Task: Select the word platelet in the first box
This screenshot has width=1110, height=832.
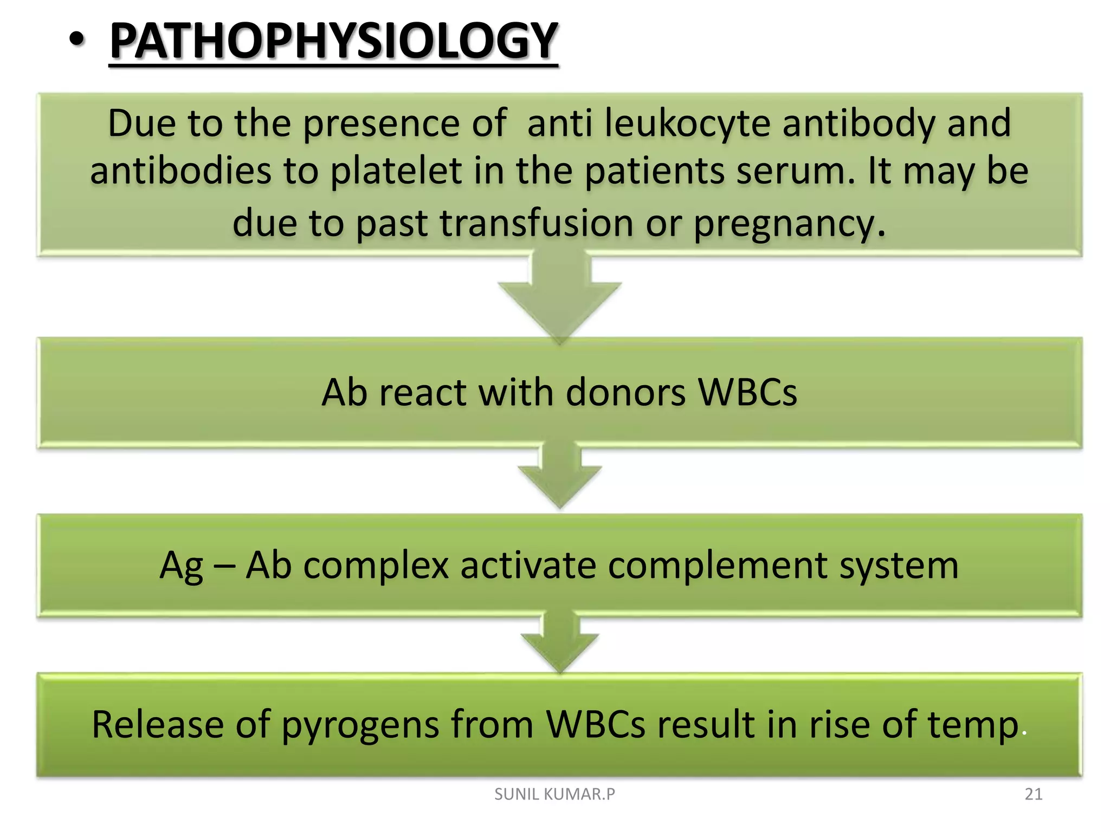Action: point(396,171)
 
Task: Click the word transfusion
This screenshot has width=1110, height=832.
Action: point(537,223)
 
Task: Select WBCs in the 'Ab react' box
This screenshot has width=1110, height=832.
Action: point(748,392)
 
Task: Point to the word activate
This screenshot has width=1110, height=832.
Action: point(528,565)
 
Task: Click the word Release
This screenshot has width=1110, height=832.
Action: point(157,725)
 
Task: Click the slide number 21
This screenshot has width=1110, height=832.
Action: point(1034,794)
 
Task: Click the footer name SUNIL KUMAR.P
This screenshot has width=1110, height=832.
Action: point(554,794)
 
